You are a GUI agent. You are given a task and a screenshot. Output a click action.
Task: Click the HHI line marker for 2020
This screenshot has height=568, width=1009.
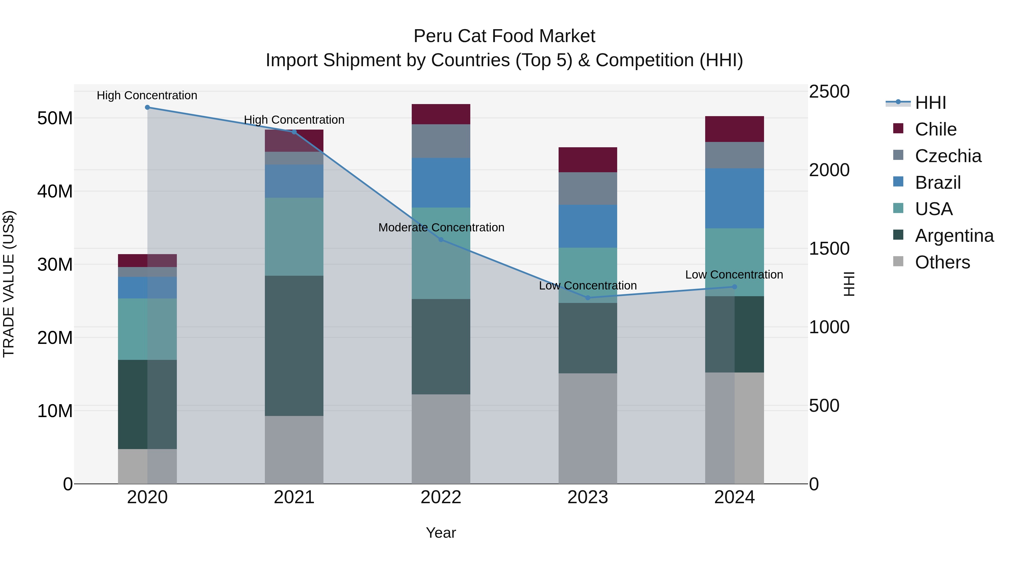[x=147, y=107]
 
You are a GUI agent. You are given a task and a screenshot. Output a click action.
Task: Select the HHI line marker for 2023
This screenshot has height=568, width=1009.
[x=587, y=298]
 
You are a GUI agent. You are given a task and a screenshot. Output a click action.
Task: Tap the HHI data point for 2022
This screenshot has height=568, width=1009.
[x=441, y=240]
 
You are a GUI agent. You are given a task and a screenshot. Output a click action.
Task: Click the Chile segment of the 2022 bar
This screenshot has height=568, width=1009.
[x=441, y=114]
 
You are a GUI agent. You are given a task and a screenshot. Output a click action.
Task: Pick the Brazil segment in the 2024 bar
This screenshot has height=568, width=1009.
[x=734, y=198]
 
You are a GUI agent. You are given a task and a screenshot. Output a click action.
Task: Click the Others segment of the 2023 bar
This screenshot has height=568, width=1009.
[x=587, y=428]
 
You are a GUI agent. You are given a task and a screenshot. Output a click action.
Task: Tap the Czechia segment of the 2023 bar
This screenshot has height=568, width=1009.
[x=587, y=188]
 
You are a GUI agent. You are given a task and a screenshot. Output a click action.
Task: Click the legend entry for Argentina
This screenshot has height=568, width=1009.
[x=954, y=236]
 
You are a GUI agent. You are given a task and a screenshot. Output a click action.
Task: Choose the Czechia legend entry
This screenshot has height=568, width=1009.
[x=948, y=156]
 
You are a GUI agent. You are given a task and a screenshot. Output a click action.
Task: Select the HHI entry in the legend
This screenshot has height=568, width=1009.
[x=930, y=103]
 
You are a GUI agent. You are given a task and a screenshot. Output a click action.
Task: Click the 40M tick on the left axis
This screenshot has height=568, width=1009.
[x=55, y=191]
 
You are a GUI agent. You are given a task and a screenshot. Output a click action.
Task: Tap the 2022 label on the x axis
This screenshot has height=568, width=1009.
[x=441, y=497]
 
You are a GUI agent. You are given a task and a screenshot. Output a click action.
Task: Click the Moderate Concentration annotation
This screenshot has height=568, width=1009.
[x=441, y=227]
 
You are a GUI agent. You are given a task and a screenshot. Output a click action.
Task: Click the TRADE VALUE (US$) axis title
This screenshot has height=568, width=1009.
[x=9, y=284]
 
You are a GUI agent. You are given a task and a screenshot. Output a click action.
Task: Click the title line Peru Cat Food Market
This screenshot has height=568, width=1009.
[x=504, y=36]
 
